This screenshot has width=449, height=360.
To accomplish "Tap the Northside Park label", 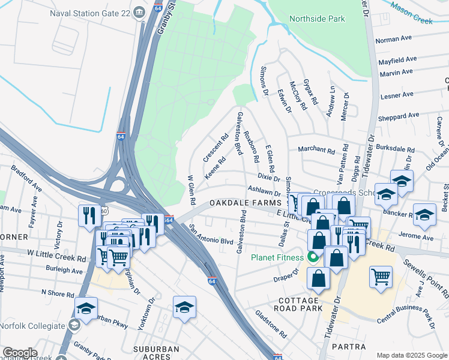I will [x=317, y=19].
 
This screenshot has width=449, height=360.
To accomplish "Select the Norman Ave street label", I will [x=393, y=39].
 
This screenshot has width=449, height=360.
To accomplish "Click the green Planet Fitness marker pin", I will [x=313, y=259].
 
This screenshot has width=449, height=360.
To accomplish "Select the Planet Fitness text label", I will [x=279, y=259].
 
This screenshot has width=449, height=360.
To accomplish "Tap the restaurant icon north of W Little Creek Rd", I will [x=89, y=216].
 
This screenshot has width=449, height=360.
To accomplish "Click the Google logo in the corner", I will [x=20, y=352].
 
